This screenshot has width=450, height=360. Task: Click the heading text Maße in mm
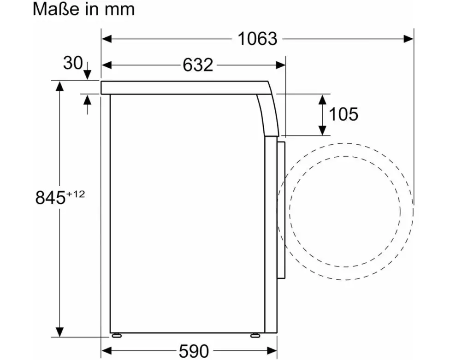83,9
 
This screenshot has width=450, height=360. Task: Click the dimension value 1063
257,39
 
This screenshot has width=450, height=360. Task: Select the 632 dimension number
198,65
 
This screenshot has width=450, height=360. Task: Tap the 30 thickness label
73,63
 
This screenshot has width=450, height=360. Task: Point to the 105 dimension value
343,114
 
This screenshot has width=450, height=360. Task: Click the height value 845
51,198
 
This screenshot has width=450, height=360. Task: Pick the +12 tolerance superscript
76,194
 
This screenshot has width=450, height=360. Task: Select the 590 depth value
194,351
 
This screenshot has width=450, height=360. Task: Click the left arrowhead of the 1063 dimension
107,39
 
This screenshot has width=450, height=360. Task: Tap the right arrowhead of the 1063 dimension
409,39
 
